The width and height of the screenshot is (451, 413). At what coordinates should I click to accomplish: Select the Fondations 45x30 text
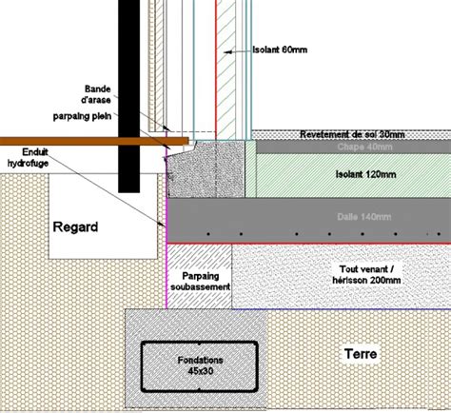201,364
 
